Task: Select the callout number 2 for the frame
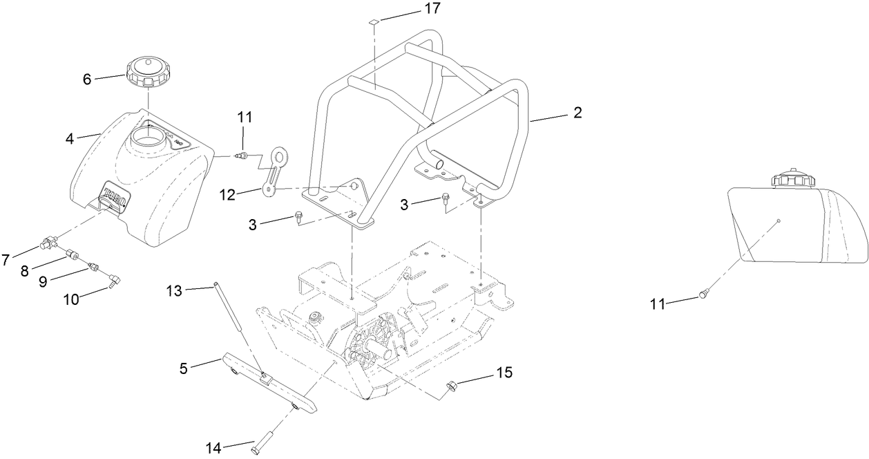click(577, 113)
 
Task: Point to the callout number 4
click(70, 138)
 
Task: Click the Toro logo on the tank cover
click(116, 196)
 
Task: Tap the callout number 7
click(6, 260)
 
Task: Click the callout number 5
click(183, 369)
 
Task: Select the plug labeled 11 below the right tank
click(703, 294)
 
